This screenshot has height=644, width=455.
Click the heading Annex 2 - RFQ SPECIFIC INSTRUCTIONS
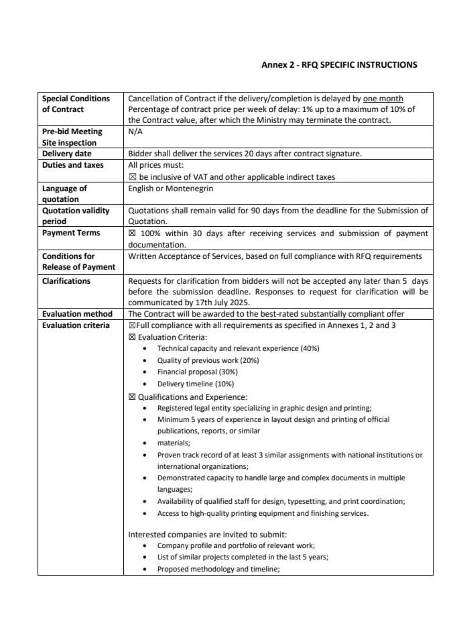click(338, 65)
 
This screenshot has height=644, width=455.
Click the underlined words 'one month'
click(383, 99)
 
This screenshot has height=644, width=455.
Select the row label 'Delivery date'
click(67, 154)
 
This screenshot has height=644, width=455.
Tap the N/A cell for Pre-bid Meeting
click(135, 132)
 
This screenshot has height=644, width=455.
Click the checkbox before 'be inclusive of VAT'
click(132, 177)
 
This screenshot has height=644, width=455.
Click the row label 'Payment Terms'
click(71, 233)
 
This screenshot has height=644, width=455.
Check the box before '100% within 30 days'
click(132, 233)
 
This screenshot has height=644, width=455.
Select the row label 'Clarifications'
click(66, 280)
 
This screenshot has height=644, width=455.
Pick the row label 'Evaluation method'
click(77, 314)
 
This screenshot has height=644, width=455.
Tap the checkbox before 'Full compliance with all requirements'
click(131, 325)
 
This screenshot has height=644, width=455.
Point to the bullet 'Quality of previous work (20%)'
click(208, 360)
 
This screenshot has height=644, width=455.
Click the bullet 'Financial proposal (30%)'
click(197, 372)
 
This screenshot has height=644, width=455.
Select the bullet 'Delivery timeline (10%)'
click(195, 384)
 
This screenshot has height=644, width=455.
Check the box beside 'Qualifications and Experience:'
click(132, 396)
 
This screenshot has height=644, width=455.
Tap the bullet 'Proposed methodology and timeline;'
click(218, 569)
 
